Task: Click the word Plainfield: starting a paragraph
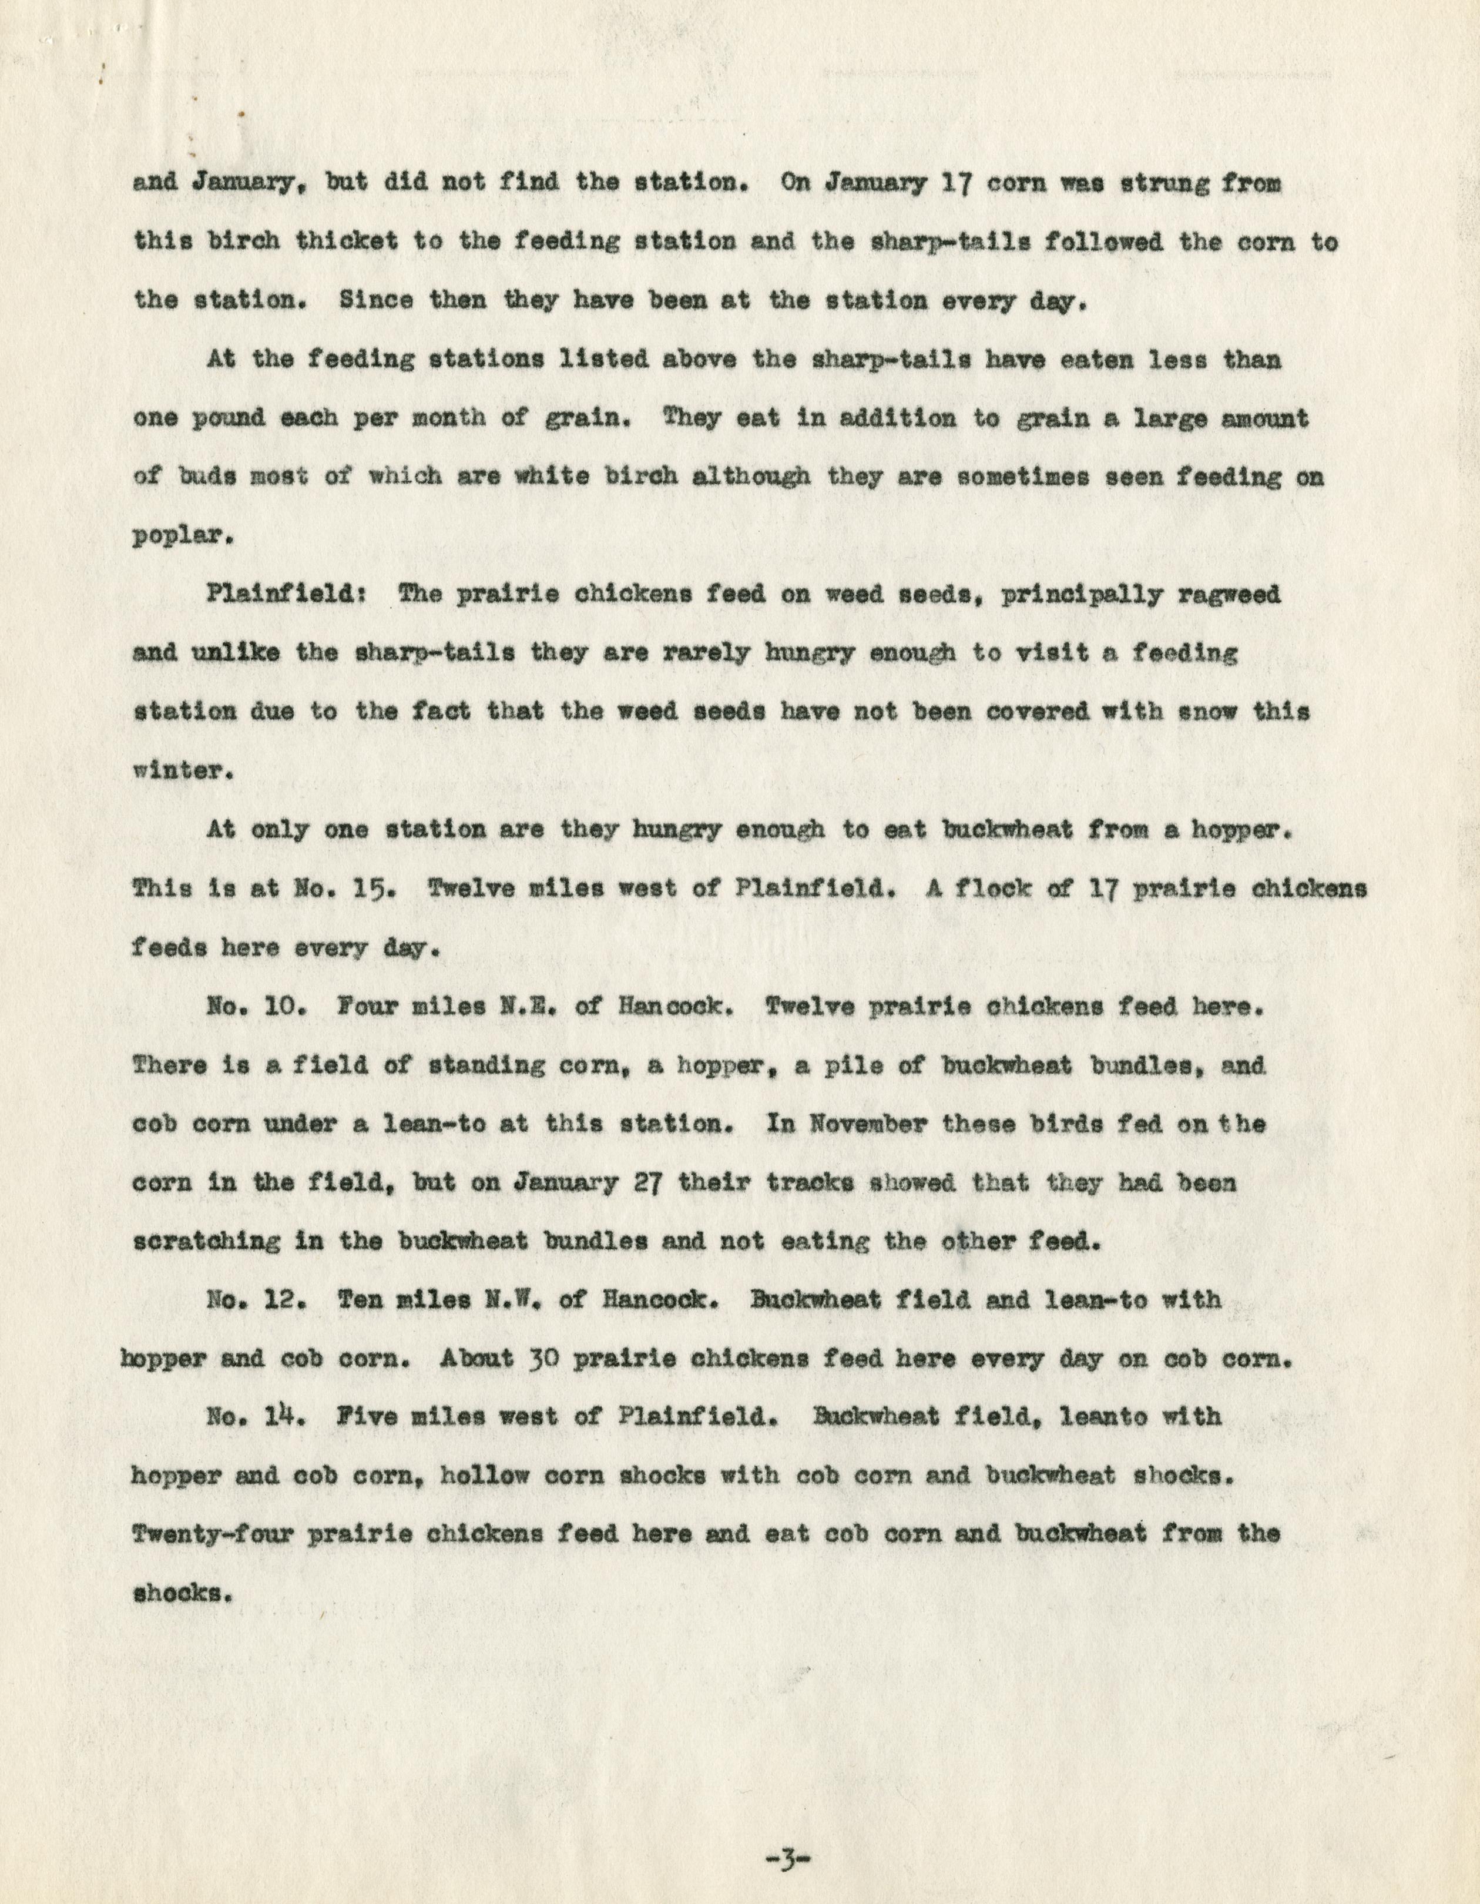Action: pos(276,595)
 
